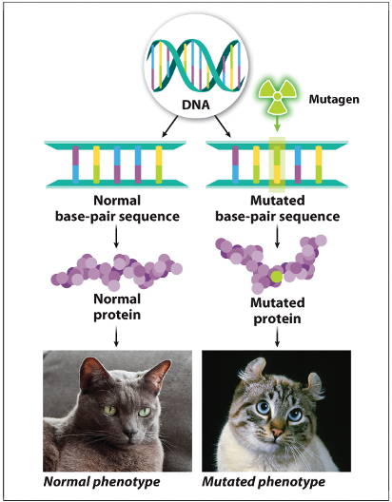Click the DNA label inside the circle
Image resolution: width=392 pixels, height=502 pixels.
point(196,105)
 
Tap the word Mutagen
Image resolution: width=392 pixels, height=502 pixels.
point(334,99)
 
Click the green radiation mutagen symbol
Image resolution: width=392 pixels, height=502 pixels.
point(277,96)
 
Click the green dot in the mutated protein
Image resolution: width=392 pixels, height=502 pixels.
point(276,277)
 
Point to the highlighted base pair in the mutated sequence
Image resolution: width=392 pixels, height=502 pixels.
point(277,164)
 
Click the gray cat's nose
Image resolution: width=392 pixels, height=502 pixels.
point(130,432)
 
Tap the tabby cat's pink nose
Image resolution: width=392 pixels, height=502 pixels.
point(276,430)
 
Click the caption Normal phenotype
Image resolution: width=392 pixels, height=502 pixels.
point(102,482)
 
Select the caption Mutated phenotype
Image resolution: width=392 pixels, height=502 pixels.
point(264,482)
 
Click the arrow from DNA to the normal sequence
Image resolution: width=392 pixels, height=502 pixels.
point(169,126)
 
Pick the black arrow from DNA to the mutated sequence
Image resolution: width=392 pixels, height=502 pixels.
point(223,126)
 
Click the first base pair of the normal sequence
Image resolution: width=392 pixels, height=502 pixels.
point(75,164)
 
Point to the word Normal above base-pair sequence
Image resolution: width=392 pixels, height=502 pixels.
point(117,201)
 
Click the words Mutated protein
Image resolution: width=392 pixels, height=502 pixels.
point(277,311)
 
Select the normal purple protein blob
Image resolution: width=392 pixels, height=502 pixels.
point(117,271)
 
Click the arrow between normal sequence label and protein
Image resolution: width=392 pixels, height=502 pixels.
point(117,237)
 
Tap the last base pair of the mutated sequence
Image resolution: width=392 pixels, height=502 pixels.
point(319,164)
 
